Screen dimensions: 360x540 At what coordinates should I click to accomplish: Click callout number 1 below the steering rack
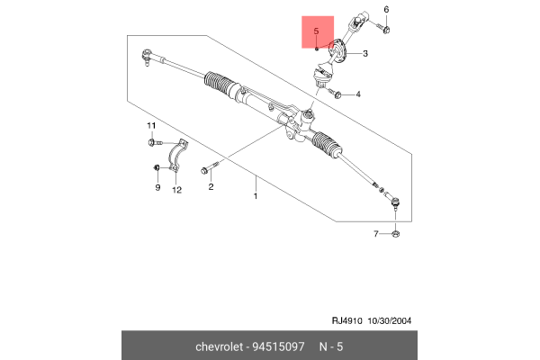click(255, 195)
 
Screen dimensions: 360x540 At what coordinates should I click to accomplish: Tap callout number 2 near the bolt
click(211, 187)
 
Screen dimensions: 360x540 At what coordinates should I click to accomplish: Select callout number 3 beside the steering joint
click(365, 53)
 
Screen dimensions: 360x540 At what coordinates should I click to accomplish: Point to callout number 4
click(358, 94)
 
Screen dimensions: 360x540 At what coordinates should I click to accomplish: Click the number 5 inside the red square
click(316, 32)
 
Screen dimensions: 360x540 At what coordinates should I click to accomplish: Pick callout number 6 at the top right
click(386, 10)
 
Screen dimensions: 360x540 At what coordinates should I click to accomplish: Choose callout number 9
click(157, 188)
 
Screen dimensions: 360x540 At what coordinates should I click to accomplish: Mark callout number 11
click(151, 124)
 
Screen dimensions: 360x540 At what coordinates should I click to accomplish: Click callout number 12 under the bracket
click(176, 189)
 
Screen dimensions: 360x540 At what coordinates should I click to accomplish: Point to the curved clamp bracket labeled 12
click(177, 157)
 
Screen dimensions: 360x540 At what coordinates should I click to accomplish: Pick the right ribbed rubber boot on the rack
click(326, 147)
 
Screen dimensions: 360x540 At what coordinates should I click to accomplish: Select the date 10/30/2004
click(388, 319)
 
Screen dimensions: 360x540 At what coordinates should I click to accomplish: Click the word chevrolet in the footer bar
click(220, 346)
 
